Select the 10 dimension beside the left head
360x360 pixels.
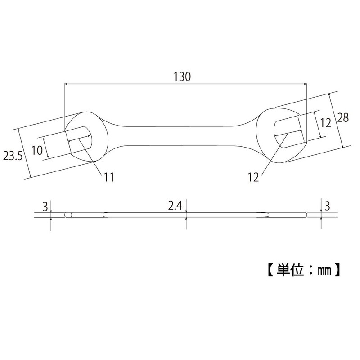point(38,149)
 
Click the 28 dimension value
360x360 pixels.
point(343,118)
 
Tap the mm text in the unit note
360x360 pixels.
point(323,272)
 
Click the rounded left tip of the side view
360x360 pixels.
point(67,215)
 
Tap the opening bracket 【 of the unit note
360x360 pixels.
point(266,272)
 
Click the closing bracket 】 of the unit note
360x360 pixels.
point(337,272)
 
